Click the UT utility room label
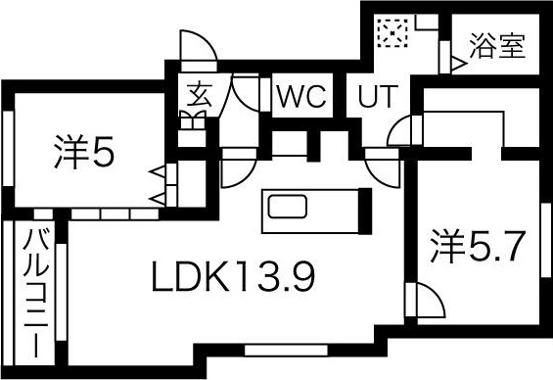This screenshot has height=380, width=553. (x=378, y=98)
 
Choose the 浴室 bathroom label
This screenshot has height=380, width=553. (x=499, y=45)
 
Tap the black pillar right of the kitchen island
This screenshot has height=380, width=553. (x=362, y=208)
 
